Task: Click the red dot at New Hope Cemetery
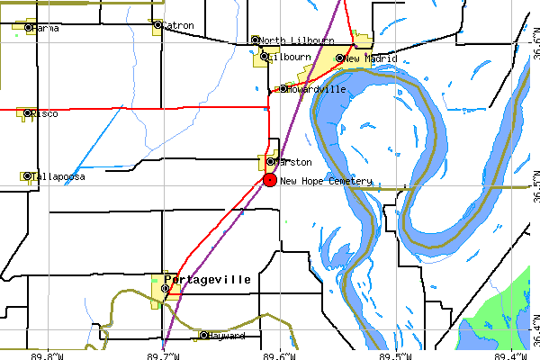269,180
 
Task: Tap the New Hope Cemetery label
325,181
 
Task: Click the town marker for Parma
28,28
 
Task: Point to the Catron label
177,25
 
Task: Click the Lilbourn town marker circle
264,57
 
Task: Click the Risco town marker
28,114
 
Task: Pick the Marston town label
293,162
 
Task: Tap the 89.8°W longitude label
47,355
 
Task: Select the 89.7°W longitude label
163,355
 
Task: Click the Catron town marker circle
157,25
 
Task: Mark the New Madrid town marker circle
339,58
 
